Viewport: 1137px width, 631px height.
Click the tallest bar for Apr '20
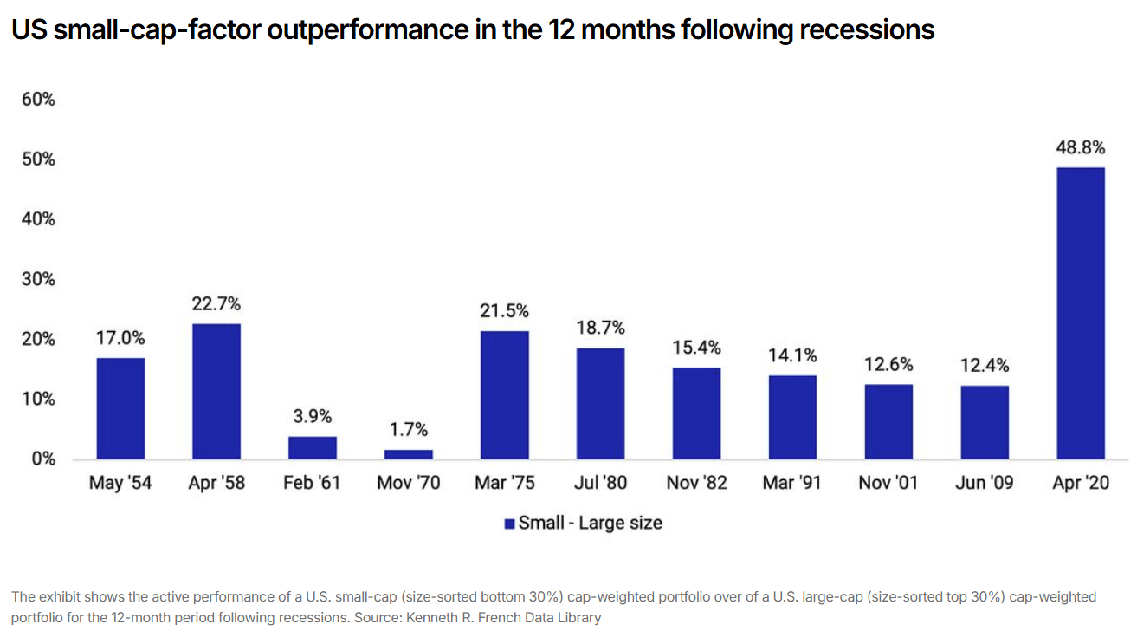[x=1080, y=313]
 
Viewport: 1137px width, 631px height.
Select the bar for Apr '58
[x=216, y=392]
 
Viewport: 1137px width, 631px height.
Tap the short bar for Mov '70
[x=409, y=454]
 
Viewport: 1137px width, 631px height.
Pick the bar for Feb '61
[x=313, y=447]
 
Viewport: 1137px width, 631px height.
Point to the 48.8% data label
[x=1080, y=148]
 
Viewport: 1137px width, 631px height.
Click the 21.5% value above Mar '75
[x=505, y=311]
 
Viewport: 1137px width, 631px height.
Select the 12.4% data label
[x=984, y=366]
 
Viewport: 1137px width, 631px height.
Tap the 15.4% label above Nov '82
[x=696, y=348]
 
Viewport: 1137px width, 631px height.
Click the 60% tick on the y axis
[x=38, y=100]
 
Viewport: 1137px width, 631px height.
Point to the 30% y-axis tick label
[x=38, y=279]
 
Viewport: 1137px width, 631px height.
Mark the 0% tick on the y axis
[x=42, y=459]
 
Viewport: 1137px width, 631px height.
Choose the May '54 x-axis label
[x=120, y=483]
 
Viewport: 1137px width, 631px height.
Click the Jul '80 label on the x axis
[x=600, y=483]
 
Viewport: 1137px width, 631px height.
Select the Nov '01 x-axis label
[x=888, y=483]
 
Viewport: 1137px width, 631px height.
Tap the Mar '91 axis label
[x=792, y=483]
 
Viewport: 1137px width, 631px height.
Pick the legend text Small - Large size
[x=590, y=524]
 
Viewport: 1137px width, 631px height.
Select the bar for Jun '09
[x=984, y=422]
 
